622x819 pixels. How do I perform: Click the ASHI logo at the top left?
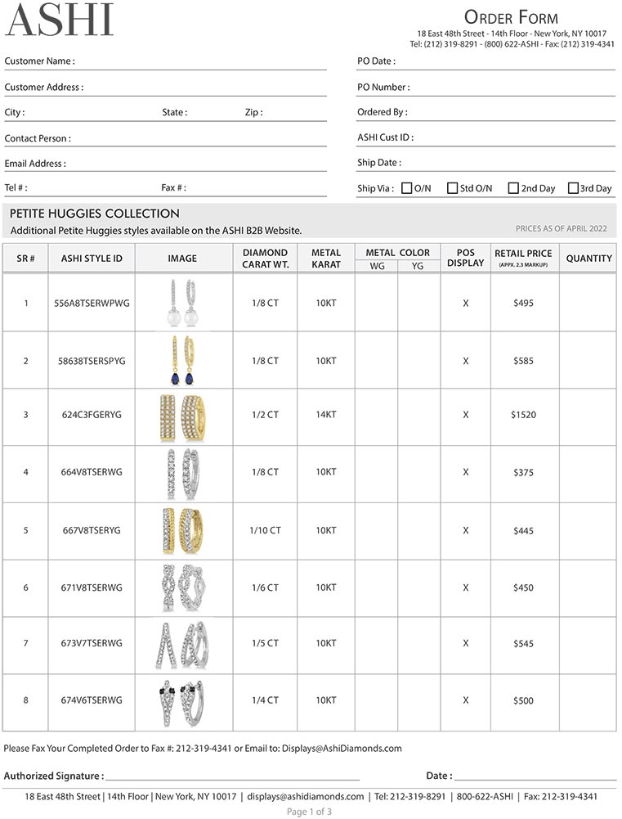coord(60,20)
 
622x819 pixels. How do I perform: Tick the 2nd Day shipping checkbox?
coord(513,188)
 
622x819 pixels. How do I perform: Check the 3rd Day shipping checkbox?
coord(573,188)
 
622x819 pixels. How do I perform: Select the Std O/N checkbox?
coord(452,188)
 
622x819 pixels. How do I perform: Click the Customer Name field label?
coord(39,61)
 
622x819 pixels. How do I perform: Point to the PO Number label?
coord(383,87)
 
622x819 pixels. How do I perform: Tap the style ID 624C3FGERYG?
coord(91,415)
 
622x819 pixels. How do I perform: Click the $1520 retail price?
coord(523,415)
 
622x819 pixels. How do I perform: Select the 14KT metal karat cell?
coord(325,415)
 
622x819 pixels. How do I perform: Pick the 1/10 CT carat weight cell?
coord(265,530)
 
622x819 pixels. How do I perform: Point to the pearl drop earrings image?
coord(182,303)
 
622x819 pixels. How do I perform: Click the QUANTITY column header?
coord(588,259)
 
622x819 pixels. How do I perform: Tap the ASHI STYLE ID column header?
coord(92,259)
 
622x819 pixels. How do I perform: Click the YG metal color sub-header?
coord(418,266)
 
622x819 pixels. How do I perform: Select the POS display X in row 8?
coord(466,700)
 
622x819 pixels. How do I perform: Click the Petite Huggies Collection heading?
coord(95,214)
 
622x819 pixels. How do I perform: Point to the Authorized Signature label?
coord(54,776)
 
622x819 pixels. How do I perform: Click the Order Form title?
coord(511,17)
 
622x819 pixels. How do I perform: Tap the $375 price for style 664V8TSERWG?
coord(523,472)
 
